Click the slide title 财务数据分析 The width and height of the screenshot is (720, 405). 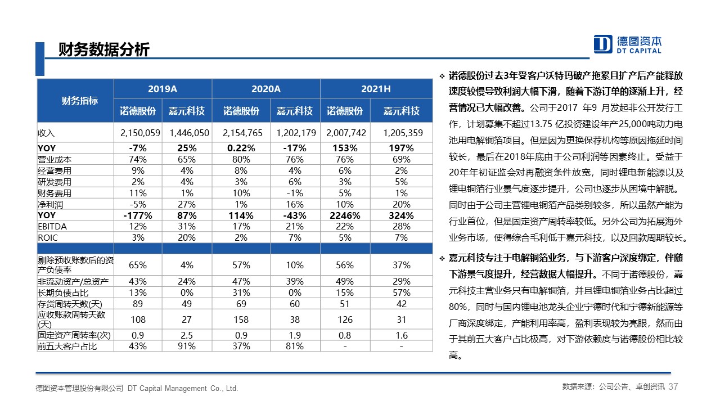coord(104,50)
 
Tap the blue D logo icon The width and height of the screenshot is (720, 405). coord(602,44)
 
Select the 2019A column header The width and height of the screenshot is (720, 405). coord(163,89)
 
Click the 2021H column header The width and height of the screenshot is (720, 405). coord(376,89)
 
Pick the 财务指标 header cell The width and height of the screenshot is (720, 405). coord(79,101)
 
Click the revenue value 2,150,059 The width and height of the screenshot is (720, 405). coord(140,133)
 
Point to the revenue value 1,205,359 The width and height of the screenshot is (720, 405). coord(403,133)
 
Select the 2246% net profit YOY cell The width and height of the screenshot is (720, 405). coord(345,215)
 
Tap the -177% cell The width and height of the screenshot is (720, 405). coord(138,215)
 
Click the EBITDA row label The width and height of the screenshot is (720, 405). coord(52,227)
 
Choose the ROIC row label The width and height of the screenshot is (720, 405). coord(48,238)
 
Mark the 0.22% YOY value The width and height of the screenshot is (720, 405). coord(241,148)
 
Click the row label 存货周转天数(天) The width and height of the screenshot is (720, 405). coord(70,304)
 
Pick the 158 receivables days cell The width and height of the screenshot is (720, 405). coord(241,319)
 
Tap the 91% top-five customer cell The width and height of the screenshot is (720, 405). coord(186,346)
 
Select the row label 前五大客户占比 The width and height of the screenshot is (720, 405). coord(67,346)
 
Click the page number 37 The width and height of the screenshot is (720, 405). coord(673,386)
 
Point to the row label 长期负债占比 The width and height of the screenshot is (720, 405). coord(63,293)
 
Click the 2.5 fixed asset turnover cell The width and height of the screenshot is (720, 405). coord(186,335)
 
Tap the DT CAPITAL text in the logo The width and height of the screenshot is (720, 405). coord(639,51)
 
